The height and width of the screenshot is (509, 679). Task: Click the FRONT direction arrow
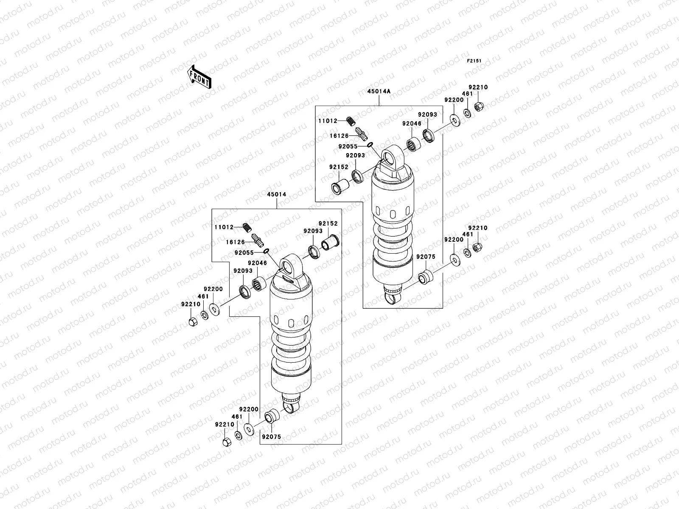199,77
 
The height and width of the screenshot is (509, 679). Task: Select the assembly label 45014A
379,91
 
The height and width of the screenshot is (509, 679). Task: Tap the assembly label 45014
276,194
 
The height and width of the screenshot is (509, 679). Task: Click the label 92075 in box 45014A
426,257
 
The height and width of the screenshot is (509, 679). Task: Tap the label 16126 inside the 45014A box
339,136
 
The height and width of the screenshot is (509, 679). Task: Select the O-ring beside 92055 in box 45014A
370,145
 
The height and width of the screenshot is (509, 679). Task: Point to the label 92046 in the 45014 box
257,263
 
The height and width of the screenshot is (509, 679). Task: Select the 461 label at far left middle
203,296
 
